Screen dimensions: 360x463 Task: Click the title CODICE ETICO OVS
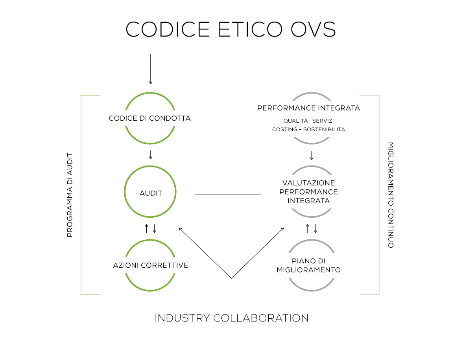coord(231,29)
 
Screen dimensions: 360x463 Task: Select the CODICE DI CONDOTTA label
coord(149,118)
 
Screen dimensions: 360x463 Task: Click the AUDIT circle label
coord(151,193)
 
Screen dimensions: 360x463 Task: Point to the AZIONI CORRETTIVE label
coord(150,265)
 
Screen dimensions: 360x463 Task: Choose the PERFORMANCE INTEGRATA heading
coord(308,108)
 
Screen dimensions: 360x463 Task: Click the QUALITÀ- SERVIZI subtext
coord(308,121)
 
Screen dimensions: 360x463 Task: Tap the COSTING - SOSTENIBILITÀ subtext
coord(308,129)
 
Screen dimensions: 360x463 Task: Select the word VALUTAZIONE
coord(308,183)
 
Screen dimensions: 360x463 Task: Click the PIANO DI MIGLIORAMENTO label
coord(308,265)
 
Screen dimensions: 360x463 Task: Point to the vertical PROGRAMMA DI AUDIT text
coord(70,195)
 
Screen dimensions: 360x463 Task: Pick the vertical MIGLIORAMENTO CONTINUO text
coord(390,195)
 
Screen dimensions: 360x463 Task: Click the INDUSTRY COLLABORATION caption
coord(231,318)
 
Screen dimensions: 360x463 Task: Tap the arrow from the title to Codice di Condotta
coord(150,69)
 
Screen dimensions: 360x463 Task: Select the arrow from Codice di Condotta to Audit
coord(150,154)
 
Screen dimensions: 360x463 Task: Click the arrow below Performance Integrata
coord(312,155)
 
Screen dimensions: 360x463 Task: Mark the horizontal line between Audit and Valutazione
coord(228,194)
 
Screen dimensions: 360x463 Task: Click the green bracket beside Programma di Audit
coord(81,195)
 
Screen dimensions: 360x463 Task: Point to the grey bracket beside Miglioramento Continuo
coord(379,195)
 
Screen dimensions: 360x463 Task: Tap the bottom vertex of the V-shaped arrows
coord(231,278)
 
